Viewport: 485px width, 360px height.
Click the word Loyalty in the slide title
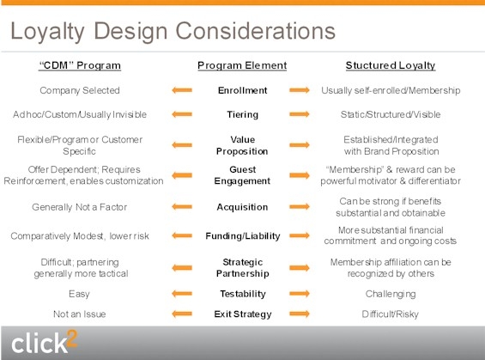pyautogui.click(x=47, y=32)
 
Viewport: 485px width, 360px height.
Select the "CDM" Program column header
pyautogui.click(x=80, y=65)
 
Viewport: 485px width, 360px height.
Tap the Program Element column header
pyautogui.click(x=242, y=65)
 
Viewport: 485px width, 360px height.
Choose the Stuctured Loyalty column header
pyautogui.click(x=391, y=65)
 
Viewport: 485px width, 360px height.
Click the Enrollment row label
pyautogui.click(x=242, y=90)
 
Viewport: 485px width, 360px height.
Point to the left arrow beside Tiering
pyautogui.click(x=182, y=114)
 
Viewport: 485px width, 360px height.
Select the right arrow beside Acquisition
pyautogui.click(x=300, y=206)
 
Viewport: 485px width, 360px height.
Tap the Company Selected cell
pyautogui.click(x=80, y=90)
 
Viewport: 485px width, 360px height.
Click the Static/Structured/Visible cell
pyautogui.click(x=391, y=114)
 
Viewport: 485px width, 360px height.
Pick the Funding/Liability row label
pyautogui.click(x=243, y=236)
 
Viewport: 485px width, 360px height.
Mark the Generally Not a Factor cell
pyautogui.click(x=80, y=207)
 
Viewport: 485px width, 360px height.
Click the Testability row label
pyautogui.click(x=243, y=294)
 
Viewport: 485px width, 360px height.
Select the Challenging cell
pyautogui.click(x=391, y=294)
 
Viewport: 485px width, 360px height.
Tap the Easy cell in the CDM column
pyautogui.click(x=79, y=294)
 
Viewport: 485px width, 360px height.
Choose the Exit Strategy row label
pyautogui.click(x=243, y=314)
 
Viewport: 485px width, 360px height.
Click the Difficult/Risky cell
pyautogui.click(x=391, y=314)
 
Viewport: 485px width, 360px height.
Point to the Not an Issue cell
pyautogui.click(x=80, y=314)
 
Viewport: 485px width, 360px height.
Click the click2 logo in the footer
pyautogui.click(x=44, y=342)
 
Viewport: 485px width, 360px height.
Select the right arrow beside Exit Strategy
pyautogui.click(x=300, y=314)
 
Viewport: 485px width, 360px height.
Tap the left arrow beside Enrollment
pyautogui.click(x=182, y=90)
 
